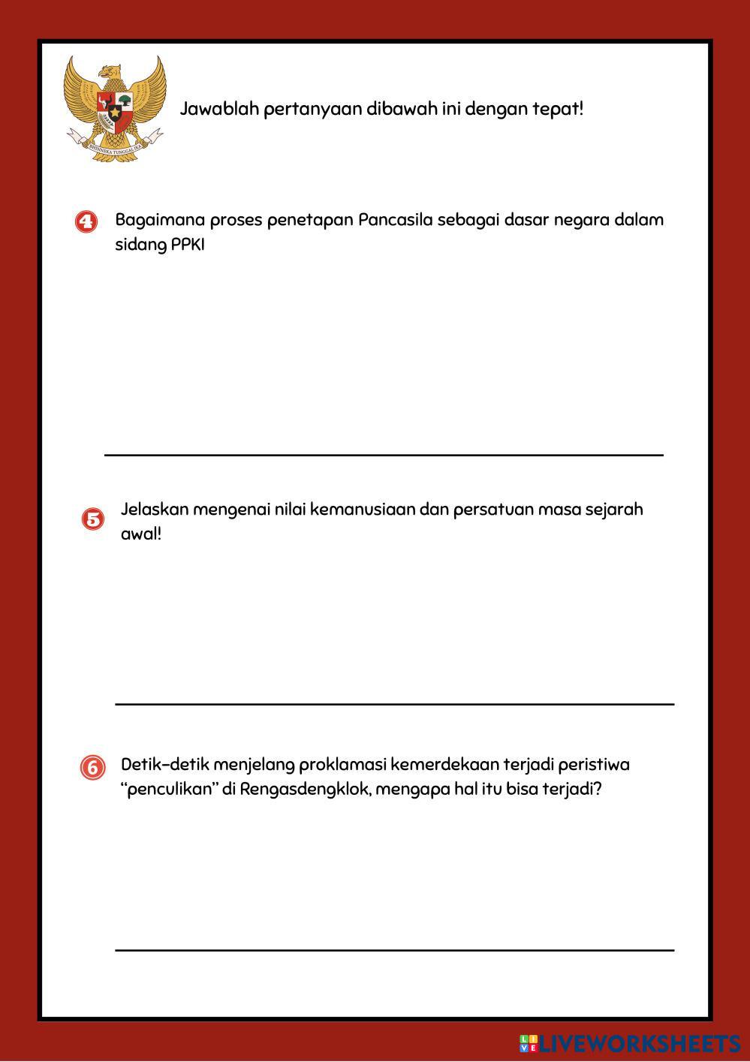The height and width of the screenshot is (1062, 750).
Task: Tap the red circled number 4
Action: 87,222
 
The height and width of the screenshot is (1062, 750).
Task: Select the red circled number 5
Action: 92,519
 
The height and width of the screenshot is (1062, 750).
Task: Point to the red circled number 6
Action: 93,768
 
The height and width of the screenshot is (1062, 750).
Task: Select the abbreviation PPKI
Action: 188,245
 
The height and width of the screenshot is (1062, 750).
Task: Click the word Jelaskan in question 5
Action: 154,510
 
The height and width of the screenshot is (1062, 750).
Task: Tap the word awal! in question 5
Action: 141,534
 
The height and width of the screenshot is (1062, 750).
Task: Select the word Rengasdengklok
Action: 305,790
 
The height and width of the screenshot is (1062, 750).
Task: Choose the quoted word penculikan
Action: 169,790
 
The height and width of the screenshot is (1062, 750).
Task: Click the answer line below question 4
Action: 384,455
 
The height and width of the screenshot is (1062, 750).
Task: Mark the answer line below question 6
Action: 394,949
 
